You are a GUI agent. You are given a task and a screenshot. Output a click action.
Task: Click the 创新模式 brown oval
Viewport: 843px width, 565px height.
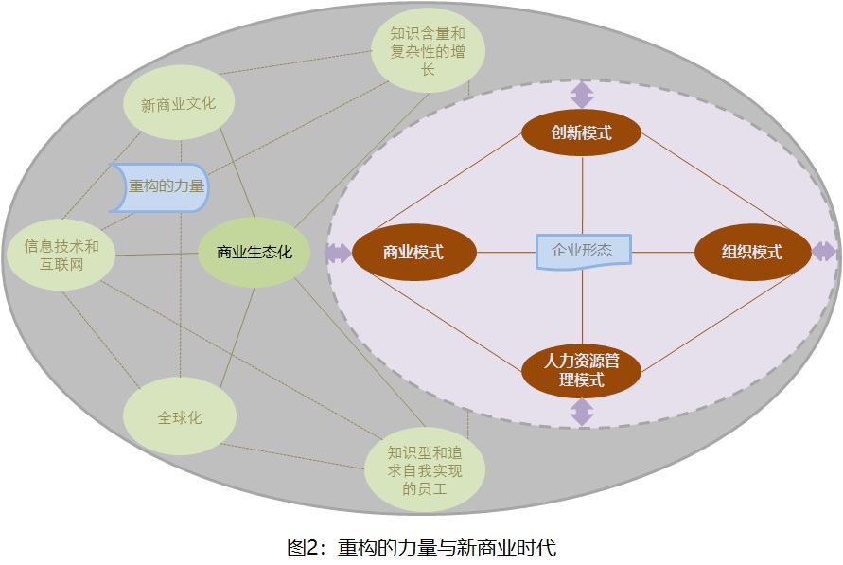(x=581, y=132)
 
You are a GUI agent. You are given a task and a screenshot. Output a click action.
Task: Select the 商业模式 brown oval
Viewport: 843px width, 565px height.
(x=413, y=253)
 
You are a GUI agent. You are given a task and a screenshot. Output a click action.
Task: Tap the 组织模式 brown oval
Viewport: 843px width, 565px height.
(x=752, y=253)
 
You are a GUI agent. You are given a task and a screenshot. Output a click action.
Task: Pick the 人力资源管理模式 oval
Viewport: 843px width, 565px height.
(x=581, y=371)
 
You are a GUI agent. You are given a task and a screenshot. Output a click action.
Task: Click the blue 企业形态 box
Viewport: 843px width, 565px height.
(x=583, y=252)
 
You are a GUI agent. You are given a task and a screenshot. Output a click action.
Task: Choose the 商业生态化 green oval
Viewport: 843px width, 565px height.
(x=254, y=253)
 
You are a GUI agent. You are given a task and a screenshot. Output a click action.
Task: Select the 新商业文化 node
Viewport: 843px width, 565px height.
(x=178, y=104)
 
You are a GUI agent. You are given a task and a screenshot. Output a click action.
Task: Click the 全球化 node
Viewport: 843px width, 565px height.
(x=180, y=417)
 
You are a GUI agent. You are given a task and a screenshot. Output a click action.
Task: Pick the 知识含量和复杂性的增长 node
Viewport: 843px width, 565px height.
(x=428, y=50)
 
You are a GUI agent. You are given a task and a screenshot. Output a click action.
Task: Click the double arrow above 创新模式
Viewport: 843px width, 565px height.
(x=581, y=95)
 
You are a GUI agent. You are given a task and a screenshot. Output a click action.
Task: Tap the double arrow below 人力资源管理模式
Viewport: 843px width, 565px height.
(x=581, y=412)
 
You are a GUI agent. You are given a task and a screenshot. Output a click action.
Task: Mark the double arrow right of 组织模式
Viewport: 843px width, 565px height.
(x=823, y=252)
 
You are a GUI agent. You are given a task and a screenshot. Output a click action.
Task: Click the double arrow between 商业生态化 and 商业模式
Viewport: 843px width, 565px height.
(x=337, y=253)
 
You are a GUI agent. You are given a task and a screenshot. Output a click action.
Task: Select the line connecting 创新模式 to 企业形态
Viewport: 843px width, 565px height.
(x=581, y=194)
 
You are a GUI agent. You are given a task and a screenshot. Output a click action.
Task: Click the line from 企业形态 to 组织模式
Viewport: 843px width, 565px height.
(x=662, y=252)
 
